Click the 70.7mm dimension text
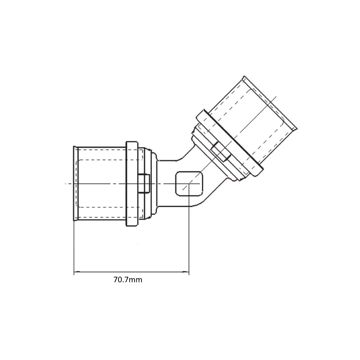[128, 280]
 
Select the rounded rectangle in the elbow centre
[189, 184]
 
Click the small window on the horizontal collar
[144, 183]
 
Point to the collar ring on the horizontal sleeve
[132, 184]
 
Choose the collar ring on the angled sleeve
[230, 143]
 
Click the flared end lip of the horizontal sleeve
[75, 183]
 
